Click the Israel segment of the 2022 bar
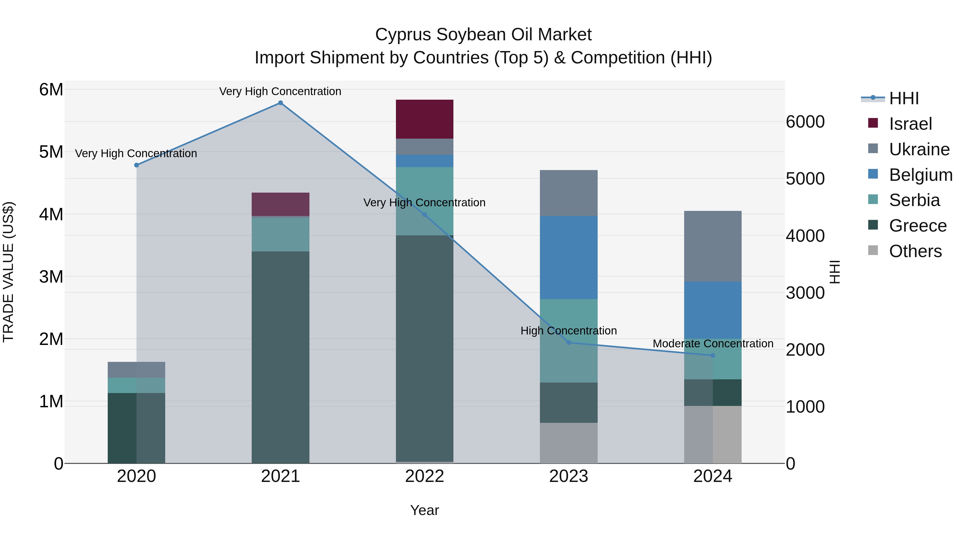click(x=425, y=119)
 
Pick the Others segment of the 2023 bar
click(x=568, y=443)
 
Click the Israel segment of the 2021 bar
click(x=280, y=204)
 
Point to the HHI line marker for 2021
click(x=280, y=103)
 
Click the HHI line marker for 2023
click(x=568, y=343)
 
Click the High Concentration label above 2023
click(x=568, y=331)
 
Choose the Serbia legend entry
click(x=914, y=200)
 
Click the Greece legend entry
click(x=918, y=226)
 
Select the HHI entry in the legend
click(x=904, y=98)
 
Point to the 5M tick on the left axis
click(x=51, y=152)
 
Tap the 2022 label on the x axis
click(x=425, y=476)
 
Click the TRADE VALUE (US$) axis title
click(x=8, y=272)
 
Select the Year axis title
click(x=425, y=510)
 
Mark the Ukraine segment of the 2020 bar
click(x=136, y=370)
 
